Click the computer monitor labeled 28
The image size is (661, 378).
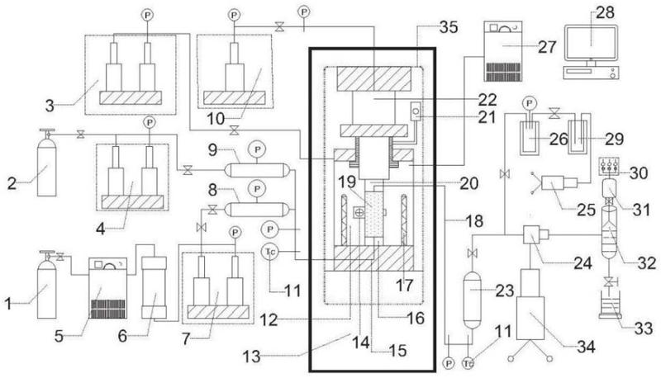591,43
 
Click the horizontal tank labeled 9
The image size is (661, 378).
258,170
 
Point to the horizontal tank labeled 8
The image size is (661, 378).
258,209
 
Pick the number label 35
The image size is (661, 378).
448,27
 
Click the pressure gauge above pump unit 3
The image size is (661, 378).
147,15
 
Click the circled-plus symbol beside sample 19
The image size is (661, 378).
359,213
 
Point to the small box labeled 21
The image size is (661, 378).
416,111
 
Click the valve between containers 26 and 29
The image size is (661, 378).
554,113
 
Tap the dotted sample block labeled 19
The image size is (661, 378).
374,215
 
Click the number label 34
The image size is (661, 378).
586,347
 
